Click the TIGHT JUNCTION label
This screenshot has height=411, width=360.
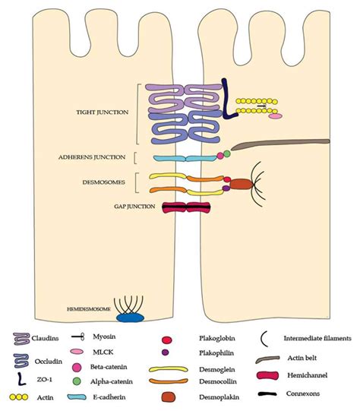[x=103, y=112]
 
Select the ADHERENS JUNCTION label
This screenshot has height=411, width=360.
[x=92, y=157]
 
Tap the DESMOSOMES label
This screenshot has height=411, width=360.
[x=103, y=182]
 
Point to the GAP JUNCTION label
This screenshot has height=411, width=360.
[x=134, y=207]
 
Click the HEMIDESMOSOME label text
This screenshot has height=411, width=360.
[x=89, y=309]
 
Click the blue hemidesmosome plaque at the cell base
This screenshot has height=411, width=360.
[x=130, y=318]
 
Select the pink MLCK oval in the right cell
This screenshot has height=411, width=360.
[x=276, y=116]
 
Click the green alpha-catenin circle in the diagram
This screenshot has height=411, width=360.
[x=227, y=153]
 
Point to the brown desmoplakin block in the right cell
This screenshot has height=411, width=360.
[x=241, y=184]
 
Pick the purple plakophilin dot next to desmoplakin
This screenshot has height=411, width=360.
[x=226, y=188]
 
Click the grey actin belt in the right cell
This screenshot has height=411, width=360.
[x=280, y=144]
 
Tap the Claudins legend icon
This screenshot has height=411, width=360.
[x=21, y=339]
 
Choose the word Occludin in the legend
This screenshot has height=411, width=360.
[x=49, y=362]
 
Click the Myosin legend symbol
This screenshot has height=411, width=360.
[x=78, y=337]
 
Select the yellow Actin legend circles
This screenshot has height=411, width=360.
[x=18, y=397]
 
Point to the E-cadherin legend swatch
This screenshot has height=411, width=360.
[x=77, y=397]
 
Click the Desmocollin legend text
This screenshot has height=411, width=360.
[x=218, y=381]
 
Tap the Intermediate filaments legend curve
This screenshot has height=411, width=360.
[x=263, y=339]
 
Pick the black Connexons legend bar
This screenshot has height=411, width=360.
[x=267, y=394]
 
